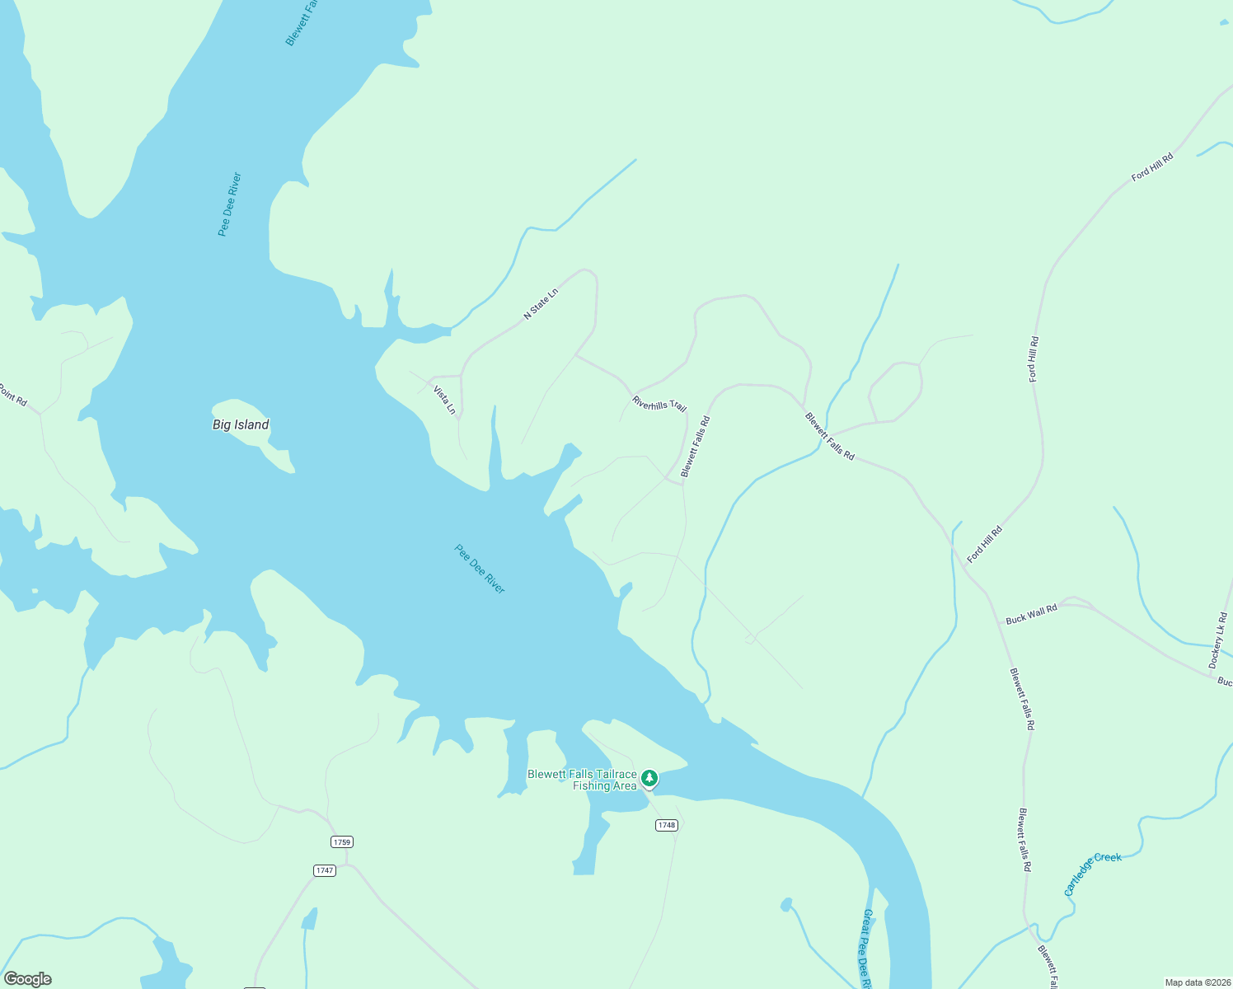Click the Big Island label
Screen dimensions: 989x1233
click(241, 424)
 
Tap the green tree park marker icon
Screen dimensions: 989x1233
click(649, 777)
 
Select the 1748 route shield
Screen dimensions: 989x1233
click(667, 825)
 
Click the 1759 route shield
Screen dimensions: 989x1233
click(342, 841)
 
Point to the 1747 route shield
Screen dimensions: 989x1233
click(325, 870)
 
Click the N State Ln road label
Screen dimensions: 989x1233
click(541, 304)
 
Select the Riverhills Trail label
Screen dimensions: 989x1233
click(659, 404)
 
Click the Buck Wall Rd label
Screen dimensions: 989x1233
click(1031, 614)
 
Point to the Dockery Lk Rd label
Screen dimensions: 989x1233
click(1218, 640)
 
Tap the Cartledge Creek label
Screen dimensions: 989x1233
click(1092, 873)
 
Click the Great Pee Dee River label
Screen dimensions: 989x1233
click(867, 948)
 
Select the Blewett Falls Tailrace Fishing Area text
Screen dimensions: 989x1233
click(582, 780)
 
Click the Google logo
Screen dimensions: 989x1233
click(27, 979)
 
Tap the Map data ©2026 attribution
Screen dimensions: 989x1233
click(1198, 982)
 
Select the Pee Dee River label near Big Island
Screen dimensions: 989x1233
click(229, 204)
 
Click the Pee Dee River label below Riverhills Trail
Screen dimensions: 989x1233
click(480, 569)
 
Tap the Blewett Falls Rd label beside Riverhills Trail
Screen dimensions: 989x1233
click(695, 447)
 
